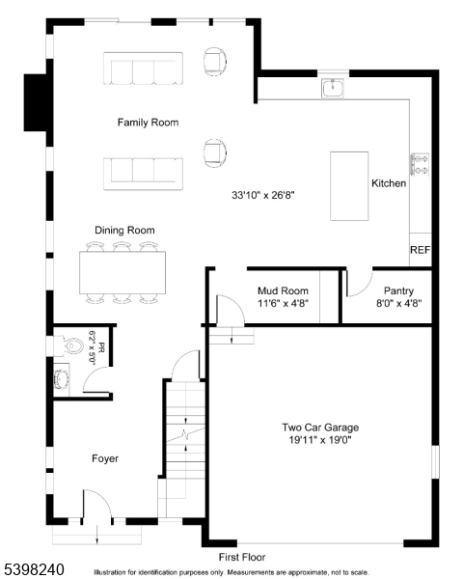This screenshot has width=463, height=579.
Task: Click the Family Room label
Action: [148, 123]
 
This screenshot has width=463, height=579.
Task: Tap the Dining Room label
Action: [124, 230]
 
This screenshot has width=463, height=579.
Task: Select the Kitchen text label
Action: [389, 183]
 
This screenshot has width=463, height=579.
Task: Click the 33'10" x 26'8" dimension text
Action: [261, 195]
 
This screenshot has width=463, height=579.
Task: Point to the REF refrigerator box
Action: [420, 250]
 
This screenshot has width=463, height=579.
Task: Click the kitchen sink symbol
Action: [334, 88]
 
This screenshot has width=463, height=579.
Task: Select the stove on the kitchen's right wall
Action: [421, 164]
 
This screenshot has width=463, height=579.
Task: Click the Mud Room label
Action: [283, 289]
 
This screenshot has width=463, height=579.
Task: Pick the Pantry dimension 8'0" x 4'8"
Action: [398, 303]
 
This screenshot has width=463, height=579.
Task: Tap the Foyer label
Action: [105, 458]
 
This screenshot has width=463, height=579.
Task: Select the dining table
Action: [122, 273]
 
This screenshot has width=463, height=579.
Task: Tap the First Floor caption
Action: [241, 558]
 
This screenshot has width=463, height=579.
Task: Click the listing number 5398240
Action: [33, 570]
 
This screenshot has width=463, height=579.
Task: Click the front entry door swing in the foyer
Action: [96, 506]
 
